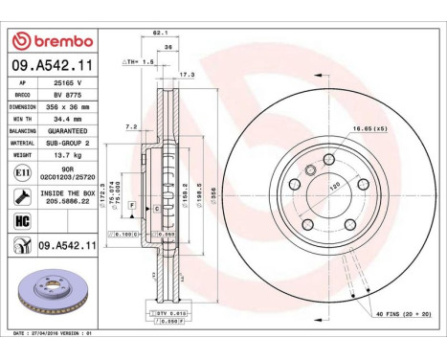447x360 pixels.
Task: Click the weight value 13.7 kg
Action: click(66, 154)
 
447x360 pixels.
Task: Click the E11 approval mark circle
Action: click(22, 172)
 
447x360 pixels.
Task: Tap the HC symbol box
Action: click(22, 219)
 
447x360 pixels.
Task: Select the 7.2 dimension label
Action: click(132, 126)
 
